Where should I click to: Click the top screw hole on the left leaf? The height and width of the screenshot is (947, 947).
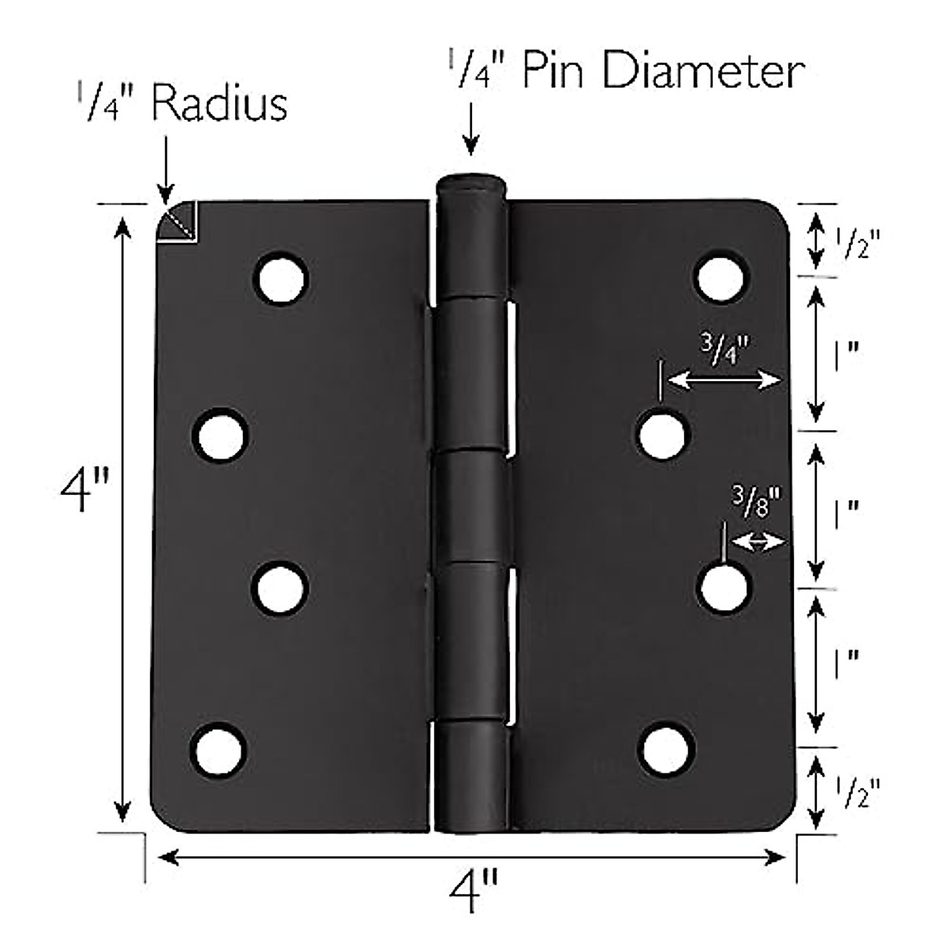tap(282, 278)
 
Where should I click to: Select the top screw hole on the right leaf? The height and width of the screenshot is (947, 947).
tap(721, 277)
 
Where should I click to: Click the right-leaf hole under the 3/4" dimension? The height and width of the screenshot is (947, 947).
tap(661, 434)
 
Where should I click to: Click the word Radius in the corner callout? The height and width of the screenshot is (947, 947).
tap(219, 104)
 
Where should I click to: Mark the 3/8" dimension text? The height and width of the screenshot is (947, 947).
tap(756, 503)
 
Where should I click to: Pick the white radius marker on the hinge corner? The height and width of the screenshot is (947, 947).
tap(180, 222)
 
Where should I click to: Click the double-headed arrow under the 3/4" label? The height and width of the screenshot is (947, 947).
tap(724, 381)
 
